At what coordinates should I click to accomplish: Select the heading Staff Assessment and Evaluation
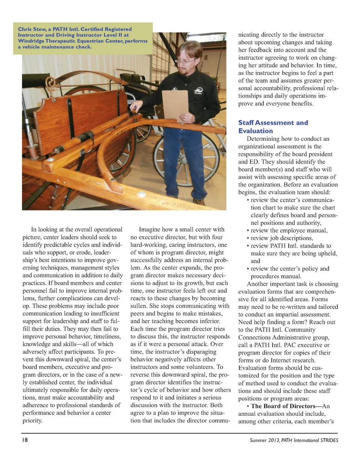(x=273, y=127)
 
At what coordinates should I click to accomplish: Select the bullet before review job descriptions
(x=248, y=238)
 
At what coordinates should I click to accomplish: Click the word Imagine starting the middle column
(x=151, y=230)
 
